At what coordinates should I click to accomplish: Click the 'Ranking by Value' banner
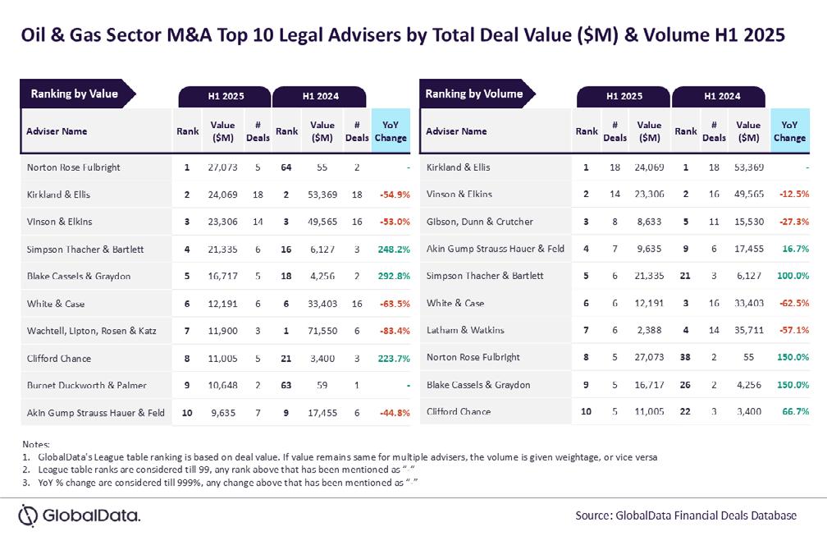pyautogui.click(x=75, y=94)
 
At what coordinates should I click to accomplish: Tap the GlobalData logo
pyautogui.click(x=80, y=515)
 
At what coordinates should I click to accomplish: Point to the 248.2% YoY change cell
pyautogui.click(x=391, y=249)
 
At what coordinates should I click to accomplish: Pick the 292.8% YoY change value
pyautogui.click(x=391, y=277)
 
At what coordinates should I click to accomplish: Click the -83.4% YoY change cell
pyautogui.click(x=391, y=331)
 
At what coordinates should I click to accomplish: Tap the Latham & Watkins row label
pyautogui.click(x=465, y=330)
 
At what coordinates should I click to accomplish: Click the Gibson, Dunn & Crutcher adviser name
pyautogui.click(x=480, y=222)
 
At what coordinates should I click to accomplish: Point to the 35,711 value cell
pyautogui.click(x=747, y=330)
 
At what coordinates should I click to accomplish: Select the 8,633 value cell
pyautogui.click(x=649, y=222)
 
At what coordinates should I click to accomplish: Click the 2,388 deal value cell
pyautogui.click(x=649, y=330)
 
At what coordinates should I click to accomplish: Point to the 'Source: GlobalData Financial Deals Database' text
pyautogui.click(x=686, y=515)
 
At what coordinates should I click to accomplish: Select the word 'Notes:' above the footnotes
pyautogui.click(x=38, y=444)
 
